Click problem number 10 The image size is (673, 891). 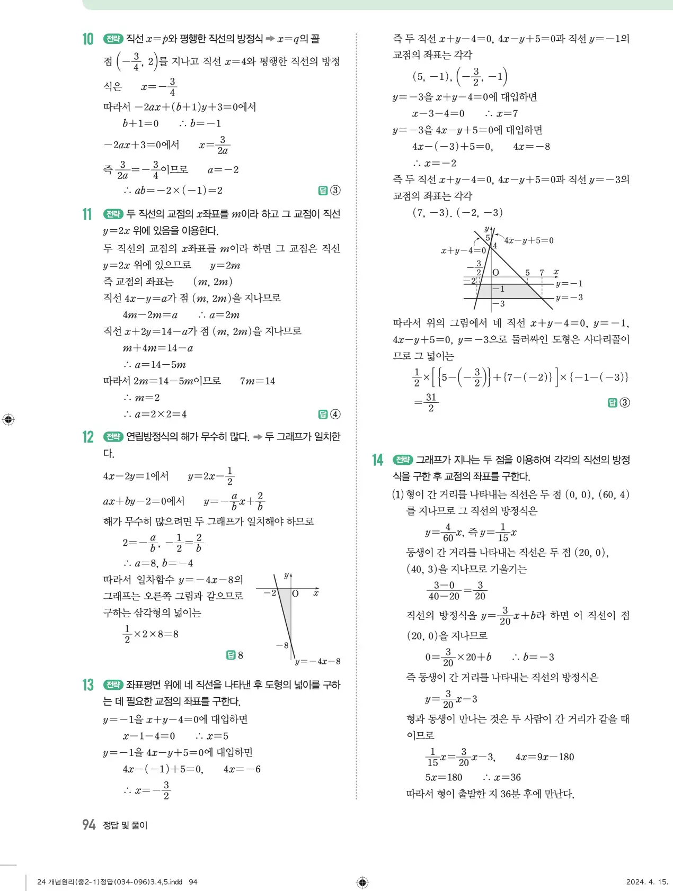click(x=87, y=39)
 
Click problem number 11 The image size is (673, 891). click(x=87, y=214)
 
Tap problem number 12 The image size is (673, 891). click(x=87, y=437)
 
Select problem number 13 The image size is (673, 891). click(x=87, y=685)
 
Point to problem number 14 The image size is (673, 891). click(x=377, y=460)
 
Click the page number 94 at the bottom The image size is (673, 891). click(x=88, y=825)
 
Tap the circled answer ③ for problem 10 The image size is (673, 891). click(x=335, y=191)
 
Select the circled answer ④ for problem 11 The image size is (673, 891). click(x=335, y=415)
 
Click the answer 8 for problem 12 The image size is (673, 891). click(x=240, y=655)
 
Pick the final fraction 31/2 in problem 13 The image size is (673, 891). click(x=431, y=402)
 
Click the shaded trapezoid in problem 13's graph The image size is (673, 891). click(x=509, y=291)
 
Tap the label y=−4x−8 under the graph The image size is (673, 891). click(x=317, y=661)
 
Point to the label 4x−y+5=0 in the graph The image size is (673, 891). click(x=528, y=241)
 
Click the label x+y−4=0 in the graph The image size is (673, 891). click(x=463, y=250)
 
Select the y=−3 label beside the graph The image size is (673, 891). click(x=569, y=298)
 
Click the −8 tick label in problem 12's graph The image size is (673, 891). click(x=282, y=645)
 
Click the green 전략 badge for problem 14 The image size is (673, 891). click(x=403, y=460)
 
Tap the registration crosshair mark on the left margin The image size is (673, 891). click(x=8, y=420)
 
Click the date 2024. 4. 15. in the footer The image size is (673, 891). click(x=647, y=882)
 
